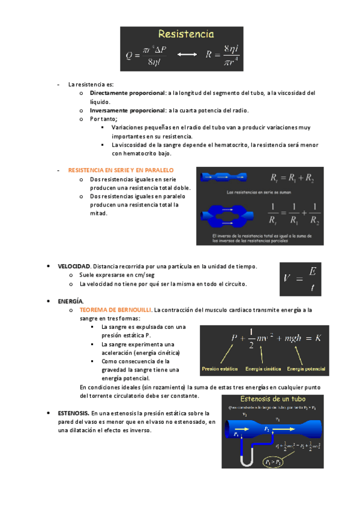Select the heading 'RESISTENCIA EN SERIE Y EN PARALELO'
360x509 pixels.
click(121, 170)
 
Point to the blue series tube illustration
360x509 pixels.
click(223, 177)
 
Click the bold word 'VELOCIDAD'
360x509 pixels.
click(74, 266)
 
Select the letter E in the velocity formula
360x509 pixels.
click(311, 272)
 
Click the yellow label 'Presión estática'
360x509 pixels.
click(220, 369)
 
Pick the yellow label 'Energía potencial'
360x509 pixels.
click(306, 369)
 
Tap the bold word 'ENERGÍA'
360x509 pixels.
click(71, 301)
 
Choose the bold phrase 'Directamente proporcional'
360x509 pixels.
click(127, 93)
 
